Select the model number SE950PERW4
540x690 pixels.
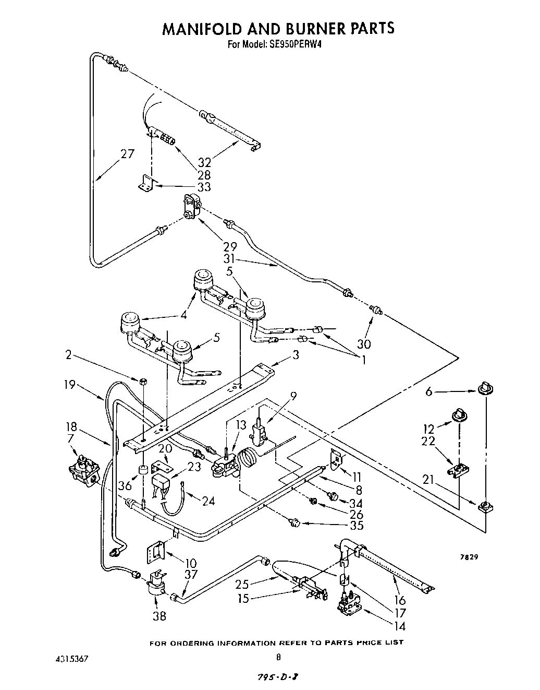(x=297, y=45)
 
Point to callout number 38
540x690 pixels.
(x=159, y=616)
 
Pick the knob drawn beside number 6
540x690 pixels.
(x=485, y=389)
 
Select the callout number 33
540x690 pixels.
(x=204, y=186)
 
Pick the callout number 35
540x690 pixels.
(x=357, y=525)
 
